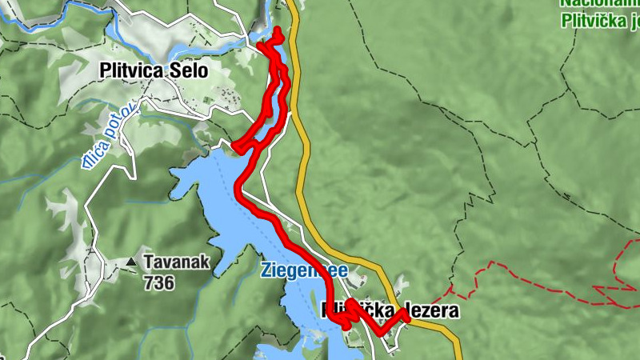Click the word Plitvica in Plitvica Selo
[x=133, y=71]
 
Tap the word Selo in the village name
[x=189, y=71]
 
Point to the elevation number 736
[x=159, y=282]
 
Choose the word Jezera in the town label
[x=429, y=310]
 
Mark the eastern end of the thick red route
[x=406, y=318]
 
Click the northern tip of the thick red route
[x=278, y=30]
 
